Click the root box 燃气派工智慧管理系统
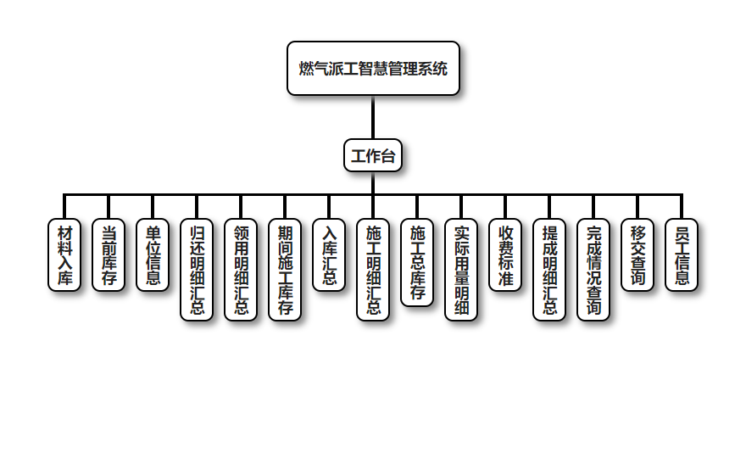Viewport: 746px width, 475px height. [373, 69]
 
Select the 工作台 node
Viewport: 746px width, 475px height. [373, 156]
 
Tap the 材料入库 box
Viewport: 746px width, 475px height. [64, 255]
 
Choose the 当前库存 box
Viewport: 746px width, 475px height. [109, 255]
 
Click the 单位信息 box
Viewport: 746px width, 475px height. [153, 255]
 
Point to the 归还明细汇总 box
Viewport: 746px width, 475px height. [197, 270]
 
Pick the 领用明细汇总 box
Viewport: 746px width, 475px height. [241, 270]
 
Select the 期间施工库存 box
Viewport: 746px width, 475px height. [285, 270]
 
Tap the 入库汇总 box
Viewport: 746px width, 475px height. [329, 255]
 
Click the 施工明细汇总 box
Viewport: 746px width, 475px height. [373, 270]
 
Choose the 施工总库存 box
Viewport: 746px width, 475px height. [417, 263]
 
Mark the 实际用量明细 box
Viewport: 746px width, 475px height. [461, 270]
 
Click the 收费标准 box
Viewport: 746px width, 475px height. [505, 255]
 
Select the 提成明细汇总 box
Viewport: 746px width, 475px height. [549, 270]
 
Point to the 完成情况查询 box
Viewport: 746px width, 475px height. [593, 270]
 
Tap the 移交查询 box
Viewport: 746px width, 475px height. [637, 255]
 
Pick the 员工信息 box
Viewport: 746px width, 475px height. [682, 255]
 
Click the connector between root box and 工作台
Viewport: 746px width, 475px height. [373, 117]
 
